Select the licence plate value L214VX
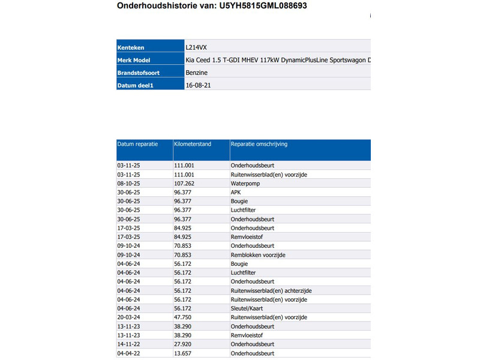click(x=198, y=47)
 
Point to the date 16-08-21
click(x=198, y=85)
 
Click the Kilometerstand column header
click(x=193, y=145)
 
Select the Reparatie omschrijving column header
click(x=259, y=145)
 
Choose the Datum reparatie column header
click(x=137, y=145)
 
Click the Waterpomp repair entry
click(x=245, y=183)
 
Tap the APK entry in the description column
click(x=236, y=192)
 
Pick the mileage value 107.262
click(x=184, y=183)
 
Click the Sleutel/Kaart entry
click(x=249, y=308)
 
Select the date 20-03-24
click(x=128, y=317)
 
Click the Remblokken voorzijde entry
click(x=258, y=255)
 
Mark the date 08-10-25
click(x=128, y=183)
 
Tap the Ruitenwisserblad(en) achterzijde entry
click(x=271, y=290)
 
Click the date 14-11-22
click(x=128, y=344)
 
